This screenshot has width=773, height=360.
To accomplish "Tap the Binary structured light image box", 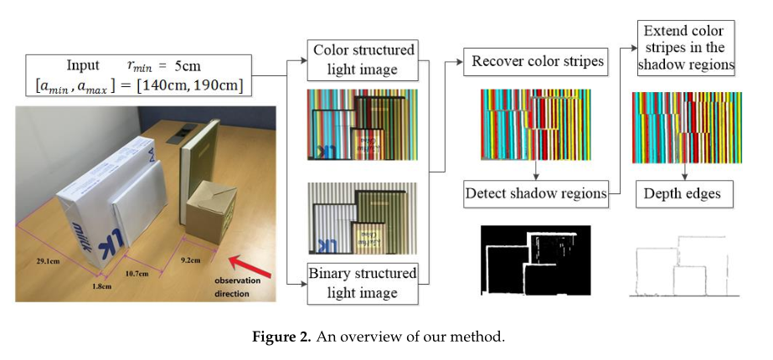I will (363, 283).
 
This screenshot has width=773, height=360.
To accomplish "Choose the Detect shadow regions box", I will (536, 193).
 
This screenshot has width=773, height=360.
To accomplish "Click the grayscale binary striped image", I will (363, 219).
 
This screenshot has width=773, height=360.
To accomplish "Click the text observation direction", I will (236, 285).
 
